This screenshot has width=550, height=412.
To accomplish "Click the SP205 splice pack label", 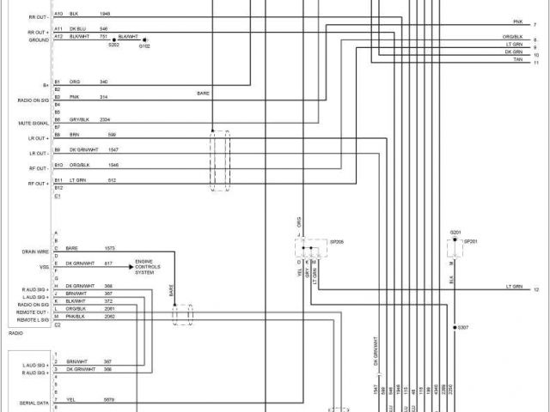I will click(x=337, y=243).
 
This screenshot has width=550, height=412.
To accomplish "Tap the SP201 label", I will click(x=470, y=243).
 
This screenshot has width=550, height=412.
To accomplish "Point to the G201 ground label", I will click(x=455, y=233).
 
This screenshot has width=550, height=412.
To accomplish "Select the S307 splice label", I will click(x=463, y=328).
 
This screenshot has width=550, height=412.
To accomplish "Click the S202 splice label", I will click(x=113, y=45).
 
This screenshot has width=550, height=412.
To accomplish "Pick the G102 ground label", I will click(x=144, y=45).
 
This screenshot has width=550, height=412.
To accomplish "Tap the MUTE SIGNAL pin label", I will click(x=34, y=124).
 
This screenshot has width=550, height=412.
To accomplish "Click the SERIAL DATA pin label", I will click(x=34, y=401).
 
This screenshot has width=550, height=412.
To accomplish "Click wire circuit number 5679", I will click(x=108, y=399).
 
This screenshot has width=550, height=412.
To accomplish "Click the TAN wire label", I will click(x=518, y=59).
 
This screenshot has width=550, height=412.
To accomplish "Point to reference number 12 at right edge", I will click(x=536, y=290).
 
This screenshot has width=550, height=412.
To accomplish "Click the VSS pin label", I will click(x=44, y=266).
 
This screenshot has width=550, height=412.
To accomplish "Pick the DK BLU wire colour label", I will click(x=76, y=28).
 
